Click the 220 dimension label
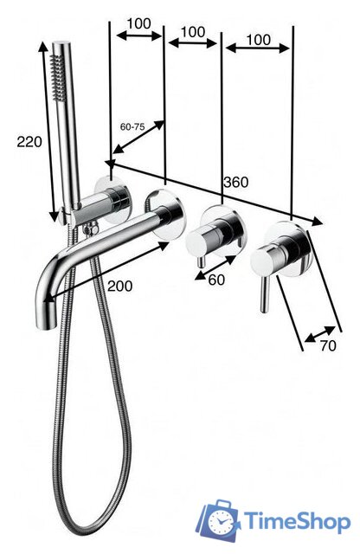(x=29, y=142)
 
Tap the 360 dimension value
(x=235, y=183)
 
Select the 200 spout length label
(x=120, y=286)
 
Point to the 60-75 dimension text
(x=132, y=127)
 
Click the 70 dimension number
(x=328, y=346)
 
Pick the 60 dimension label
(x=216, y=280)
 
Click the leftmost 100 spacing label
(x=138, y=23)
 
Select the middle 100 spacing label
(x=193, y=32)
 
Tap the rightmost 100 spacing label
(x=258, y=40)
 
